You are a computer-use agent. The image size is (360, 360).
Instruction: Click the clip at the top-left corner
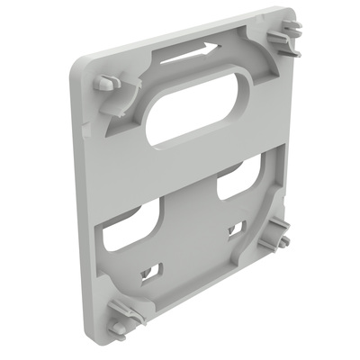107,83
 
